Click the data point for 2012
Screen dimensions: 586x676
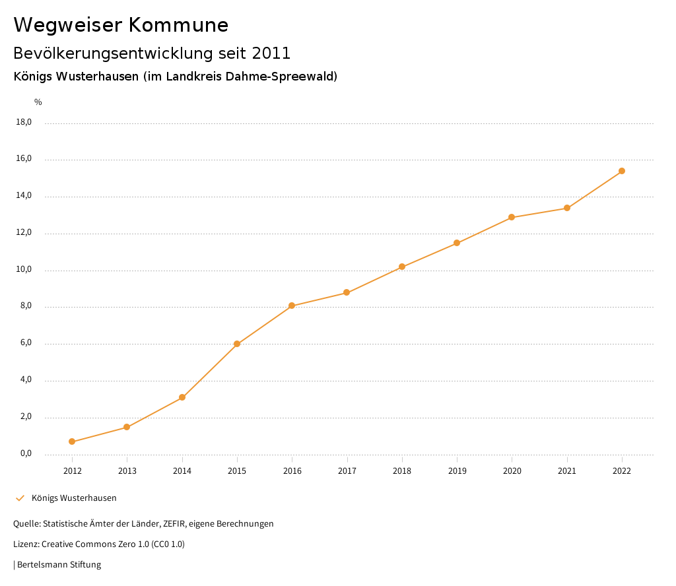[x=72, y=441]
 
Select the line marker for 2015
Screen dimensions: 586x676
[x=237, y=344]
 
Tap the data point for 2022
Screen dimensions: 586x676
[x=622, y=171]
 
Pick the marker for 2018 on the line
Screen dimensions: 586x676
[x=402, y=267]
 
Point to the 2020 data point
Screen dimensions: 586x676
[x=512, y=217]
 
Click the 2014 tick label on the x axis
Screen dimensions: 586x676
[x=182, y=471]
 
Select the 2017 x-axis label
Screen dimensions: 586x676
[x=347, y=471]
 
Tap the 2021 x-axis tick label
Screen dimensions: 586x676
[x=567, y=471]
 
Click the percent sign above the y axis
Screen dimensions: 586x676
[x=38, y=102]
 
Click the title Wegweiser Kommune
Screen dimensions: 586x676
[x=121, y=25]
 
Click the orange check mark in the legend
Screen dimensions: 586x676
[x=20, y=498]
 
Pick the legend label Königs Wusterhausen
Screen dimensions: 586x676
[x=74, y=498]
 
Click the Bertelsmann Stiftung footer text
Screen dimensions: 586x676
[x=59, y=565]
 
